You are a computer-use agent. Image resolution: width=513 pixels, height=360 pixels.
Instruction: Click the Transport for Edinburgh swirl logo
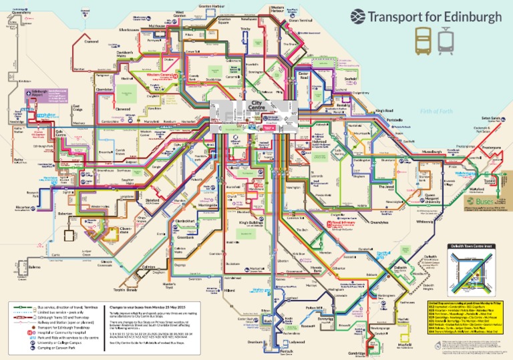point(359,16)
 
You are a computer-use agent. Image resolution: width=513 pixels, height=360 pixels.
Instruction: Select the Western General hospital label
point(159,75)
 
